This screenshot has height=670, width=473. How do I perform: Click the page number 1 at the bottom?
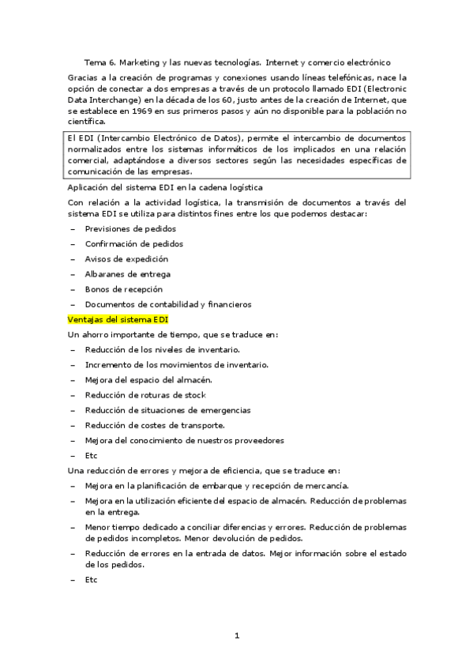[236, 635]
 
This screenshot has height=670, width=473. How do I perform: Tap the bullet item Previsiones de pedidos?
[130, 229]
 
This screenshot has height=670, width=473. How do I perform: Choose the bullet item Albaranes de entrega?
[128, 274]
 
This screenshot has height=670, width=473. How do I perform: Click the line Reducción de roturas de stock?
[145, 395]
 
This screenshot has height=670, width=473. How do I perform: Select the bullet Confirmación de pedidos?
[133, 244]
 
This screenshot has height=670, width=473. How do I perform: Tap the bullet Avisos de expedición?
[126, 259]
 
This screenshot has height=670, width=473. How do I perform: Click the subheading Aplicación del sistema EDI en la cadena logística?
[165, 187]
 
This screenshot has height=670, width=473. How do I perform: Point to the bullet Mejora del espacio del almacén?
[148, 380]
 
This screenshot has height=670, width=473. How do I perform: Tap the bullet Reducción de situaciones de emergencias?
[167, 410]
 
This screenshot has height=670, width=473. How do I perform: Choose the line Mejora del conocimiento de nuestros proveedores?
[184, 440]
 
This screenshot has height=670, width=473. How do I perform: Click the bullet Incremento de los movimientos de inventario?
[177, 364]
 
